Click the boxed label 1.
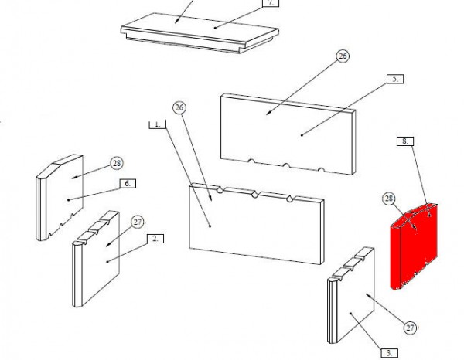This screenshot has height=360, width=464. (158, 124)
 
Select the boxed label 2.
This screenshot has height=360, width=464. (155, 239)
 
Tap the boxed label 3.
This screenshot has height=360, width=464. (390, 353)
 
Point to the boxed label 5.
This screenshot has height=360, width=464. (395, 80)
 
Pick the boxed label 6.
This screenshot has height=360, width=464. (128, 184)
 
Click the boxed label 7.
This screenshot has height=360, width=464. (271, 3)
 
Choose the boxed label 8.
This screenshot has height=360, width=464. (405, 141)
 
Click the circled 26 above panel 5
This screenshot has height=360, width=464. (343, 56)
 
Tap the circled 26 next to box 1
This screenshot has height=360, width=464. (179, 107)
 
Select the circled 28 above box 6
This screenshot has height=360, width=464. (117, 163)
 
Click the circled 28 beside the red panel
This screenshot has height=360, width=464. (388, 199)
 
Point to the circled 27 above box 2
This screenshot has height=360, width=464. (138, 222)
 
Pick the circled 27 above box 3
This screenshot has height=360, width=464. (410, 328)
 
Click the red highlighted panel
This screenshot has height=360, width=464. (415, 246)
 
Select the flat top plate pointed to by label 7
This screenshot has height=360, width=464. (200, 32)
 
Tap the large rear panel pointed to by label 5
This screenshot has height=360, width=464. (288, 134)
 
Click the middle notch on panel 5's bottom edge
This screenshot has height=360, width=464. (286, 165)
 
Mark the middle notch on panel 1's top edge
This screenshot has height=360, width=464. (254, 195)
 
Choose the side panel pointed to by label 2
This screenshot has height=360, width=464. (96, 259)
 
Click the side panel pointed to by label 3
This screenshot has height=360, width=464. (351, 296)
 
